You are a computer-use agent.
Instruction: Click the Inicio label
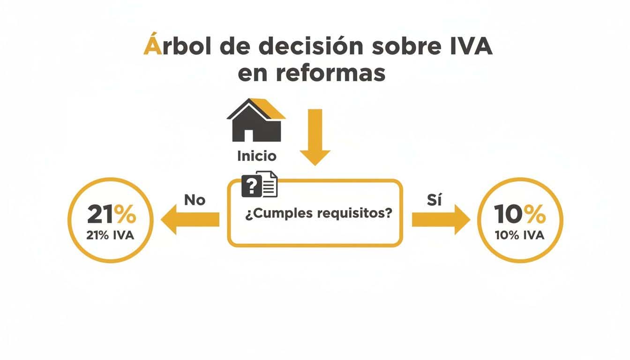(256, 156)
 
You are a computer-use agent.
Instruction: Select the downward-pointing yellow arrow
(315, 136)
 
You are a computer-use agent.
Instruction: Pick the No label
(195, 200)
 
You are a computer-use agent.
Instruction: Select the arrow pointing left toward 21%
(190, 220)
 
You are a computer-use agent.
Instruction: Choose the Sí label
(435, 200)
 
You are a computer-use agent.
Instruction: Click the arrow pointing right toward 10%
(440, 220)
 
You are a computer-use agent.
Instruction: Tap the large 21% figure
(111, 215)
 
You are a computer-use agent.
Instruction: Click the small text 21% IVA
(110, 235)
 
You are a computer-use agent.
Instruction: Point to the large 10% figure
(520, 215)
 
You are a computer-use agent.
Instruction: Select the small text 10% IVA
(519, 235)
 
